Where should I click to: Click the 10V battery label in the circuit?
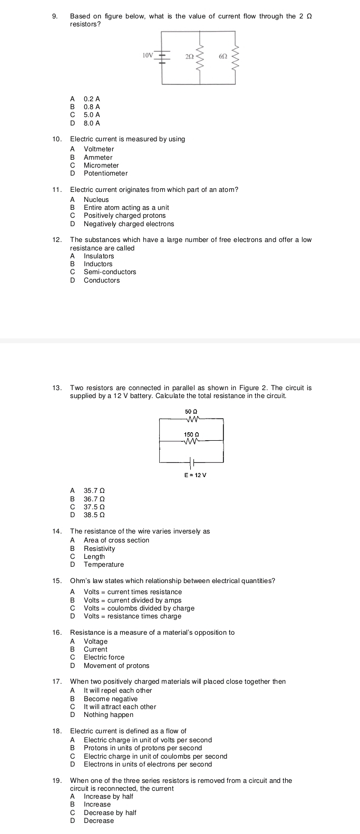tap(147, 55)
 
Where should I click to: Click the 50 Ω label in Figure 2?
tap(191, 411)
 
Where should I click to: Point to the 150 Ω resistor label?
tap(191, 434)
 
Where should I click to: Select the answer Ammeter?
tap(98, 157)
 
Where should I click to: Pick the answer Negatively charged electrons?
tap(129, 224)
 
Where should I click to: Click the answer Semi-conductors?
tap(110, 272)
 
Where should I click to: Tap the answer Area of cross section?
tap(116, 540)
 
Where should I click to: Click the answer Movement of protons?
tap(116, 666)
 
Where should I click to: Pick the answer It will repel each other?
tap(118, 691)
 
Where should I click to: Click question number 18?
tap(57, 731)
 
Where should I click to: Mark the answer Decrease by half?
tap(110, 813)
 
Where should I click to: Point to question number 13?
tap(57, 388)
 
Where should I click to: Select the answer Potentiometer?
tap(105, 173)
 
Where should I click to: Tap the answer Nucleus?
tap(96, 200)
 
